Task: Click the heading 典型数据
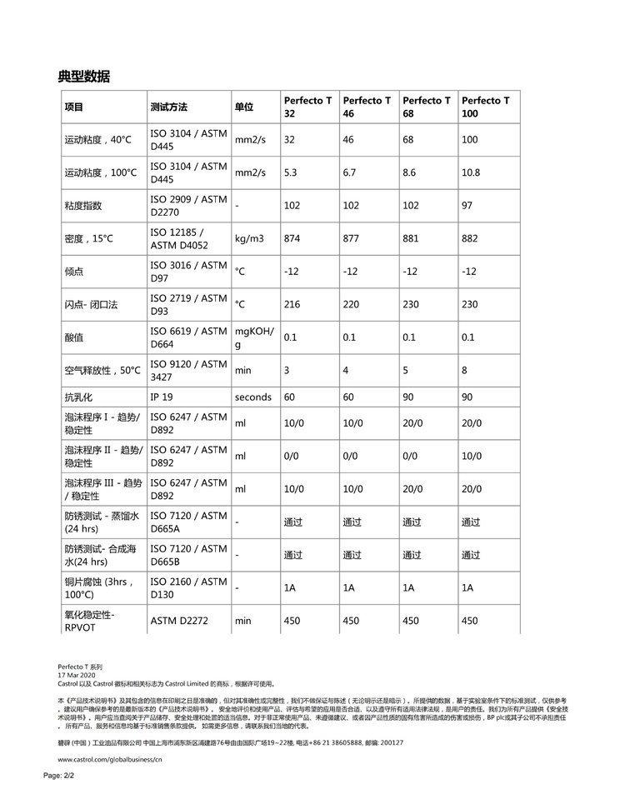point(83,77)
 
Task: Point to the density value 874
point(292,239)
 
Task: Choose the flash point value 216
point(292,305)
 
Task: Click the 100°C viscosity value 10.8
point(471,172)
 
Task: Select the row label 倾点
point(74,272)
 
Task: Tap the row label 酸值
point(74,337)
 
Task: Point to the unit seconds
point(253,397)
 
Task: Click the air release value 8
point(465,370)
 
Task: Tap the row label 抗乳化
point(79,397)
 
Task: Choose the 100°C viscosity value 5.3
point(290,172)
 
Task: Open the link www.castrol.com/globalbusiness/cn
point(109,760)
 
